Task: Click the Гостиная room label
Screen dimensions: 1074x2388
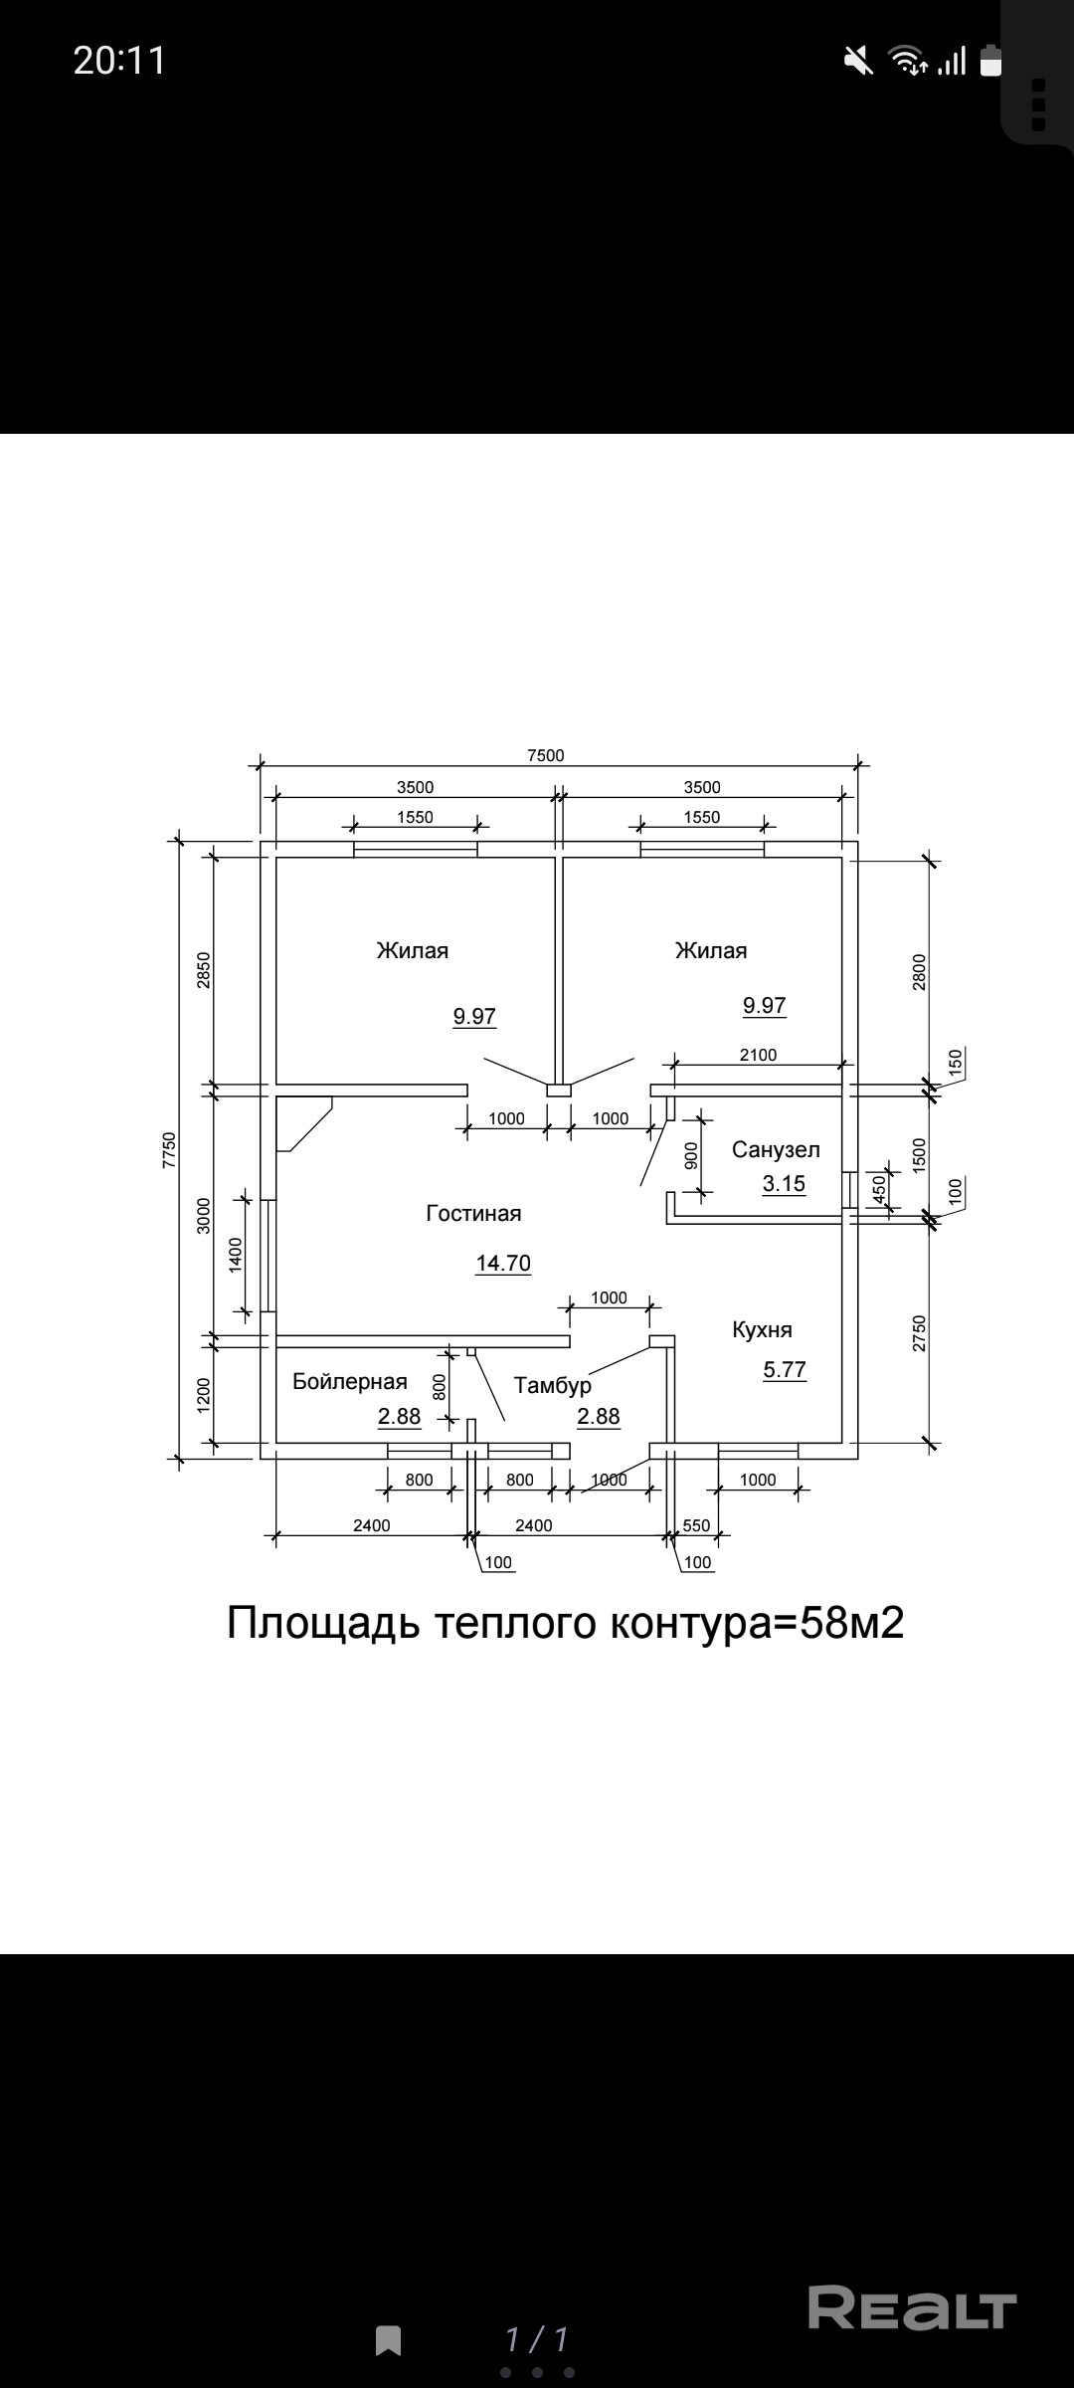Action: (x=473, y=1214)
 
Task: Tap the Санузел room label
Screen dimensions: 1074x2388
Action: (x=776, y=1150)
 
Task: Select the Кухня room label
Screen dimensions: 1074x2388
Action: (x=762, y=1330)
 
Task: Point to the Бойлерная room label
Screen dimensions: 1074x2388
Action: (x=350, y=1381)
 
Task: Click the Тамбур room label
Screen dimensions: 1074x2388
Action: (x=553, y=1386)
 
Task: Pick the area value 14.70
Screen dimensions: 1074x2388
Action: (x=503, y=1264)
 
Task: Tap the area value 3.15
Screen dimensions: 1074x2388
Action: (x=784, y=1184)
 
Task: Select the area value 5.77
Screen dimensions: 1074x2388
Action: (x=785, y=1370)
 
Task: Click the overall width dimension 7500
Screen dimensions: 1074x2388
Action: (x=545, y=755)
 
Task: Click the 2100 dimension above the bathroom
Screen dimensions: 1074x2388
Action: (x=758, y=1055)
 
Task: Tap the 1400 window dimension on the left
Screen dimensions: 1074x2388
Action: (x=236, y=1255)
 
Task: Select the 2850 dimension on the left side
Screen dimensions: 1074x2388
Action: (x=203, y=970)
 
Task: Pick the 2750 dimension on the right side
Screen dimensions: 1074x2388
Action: (x=919, y=1333)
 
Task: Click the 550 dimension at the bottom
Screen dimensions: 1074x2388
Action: (x=697, y=1525)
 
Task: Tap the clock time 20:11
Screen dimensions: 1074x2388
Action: (x=119, y=61)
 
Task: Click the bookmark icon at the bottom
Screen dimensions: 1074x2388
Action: (x=389, y=2340)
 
